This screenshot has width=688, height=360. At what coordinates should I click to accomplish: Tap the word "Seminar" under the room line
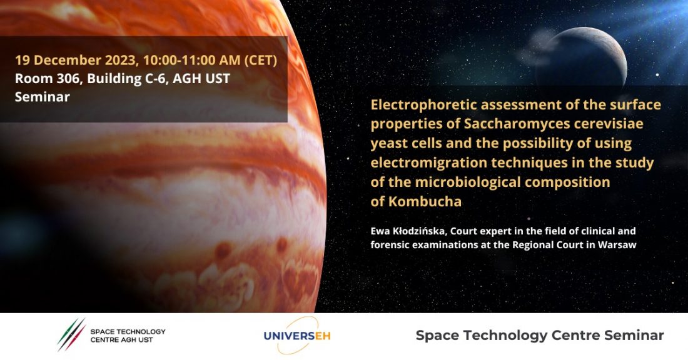[x=42, y=97]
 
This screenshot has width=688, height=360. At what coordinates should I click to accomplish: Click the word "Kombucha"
[x=425, y=202]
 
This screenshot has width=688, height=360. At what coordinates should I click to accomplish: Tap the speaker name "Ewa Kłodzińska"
[x=408, y=231]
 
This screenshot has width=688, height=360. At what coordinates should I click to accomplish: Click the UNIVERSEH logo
[x=297, y=336]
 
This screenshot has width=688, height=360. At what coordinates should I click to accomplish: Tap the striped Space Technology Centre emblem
[x=71, y=334]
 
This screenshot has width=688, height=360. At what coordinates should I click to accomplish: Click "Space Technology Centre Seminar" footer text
[x=540, y=336]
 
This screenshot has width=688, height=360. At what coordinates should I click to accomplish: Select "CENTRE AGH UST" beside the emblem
[x=121, y=340]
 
